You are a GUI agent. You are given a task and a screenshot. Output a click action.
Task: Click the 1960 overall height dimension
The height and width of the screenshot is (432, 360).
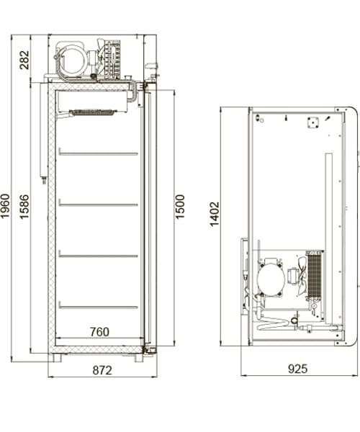coord(5,206)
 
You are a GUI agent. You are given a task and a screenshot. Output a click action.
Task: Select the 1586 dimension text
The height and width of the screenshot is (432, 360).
coord(24,207)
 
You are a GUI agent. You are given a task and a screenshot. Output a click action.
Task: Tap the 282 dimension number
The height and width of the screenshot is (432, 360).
coord(24,60)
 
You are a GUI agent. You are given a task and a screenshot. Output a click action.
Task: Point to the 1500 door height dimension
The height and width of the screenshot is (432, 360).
coord(179,207)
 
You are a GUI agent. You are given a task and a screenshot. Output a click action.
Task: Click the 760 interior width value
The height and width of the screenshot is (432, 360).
coord(99,332)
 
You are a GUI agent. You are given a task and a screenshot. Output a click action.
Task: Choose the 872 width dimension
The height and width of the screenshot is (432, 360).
coord(102,370)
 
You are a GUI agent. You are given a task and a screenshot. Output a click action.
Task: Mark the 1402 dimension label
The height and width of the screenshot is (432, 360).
coord(215,214)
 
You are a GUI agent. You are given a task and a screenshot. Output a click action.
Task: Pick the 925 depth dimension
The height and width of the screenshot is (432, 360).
coord(297,369)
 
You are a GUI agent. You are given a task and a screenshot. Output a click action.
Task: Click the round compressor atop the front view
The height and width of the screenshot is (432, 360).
coord(71,61)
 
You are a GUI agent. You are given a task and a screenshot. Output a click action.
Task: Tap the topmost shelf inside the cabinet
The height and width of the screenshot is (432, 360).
coord(98,153)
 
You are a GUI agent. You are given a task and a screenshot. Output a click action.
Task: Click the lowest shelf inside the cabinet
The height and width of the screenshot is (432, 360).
coord(98,307)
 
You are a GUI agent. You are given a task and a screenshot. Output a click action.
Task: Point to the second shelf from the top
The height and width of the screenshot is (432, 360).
coord(98,204)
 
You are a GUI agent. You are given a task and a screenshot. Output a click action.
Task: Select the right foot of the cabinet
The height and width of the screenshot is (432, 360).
coord(139,358)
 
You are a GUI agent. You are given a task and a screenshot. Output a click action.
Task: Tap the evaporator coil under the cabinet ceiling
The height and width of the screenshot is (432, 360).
coord(92,112)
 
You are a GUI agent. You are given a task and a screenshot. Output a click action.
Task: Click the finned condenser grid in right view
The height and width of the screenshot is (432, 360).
coord(315,275)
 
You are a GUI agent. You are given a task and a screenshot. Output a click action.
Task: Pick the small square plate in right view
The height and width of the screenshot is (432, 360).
coord(313,122)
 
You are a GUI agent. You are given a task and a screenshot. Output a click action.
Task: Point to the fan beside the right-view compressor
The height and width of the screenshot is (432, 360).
coord(302,276)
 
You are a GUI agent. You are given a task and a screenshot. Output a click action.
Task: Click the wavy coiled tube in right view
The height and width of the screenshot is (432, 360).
coord(273,323)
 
